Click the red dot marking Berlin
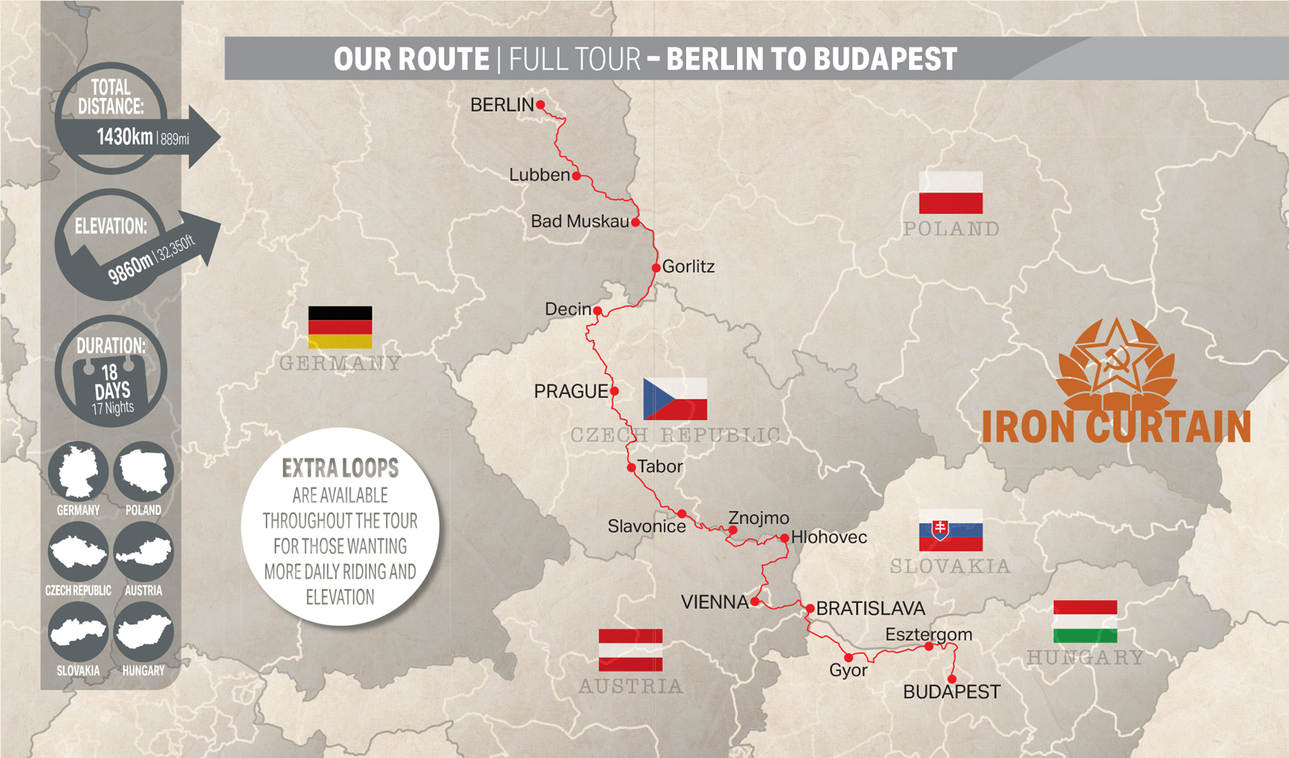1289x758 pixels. [x=541, y=105]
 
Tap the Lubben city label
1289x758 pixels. [x=539, y=175]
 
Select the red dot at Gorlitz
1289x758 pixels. [x=657, y=268]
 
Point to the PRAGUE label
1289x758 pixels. [x=570, y=391]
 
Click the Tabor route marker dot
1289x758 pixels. [x=632, y=468]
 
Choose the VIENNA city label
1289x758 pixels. [x=714, y=603]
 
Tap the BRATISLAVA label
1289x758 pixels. [x=870, y=609]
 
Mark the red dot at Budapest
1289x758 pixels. [x=952, y=679]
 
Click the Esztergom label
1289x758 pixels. [x=928, y=634]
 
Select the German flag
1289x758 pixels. [x=340, y=327]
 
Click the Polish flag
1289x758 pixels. [x=951, y=193]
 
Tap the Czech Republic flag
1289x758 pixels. [x=675, y=399]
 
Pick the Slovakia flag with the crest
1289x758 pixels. [x=951, y=530]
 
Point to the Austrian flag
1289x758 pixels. [x=630, y=650]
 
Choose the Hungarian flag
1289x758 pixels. [x=1085, y=622]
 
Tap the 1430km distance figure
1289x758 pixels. [x=124, y=137]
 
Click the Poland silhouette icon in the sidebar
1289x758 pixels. [x=143, y=471]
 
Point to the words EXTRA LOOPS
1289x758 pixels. [x=340, y=468]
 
